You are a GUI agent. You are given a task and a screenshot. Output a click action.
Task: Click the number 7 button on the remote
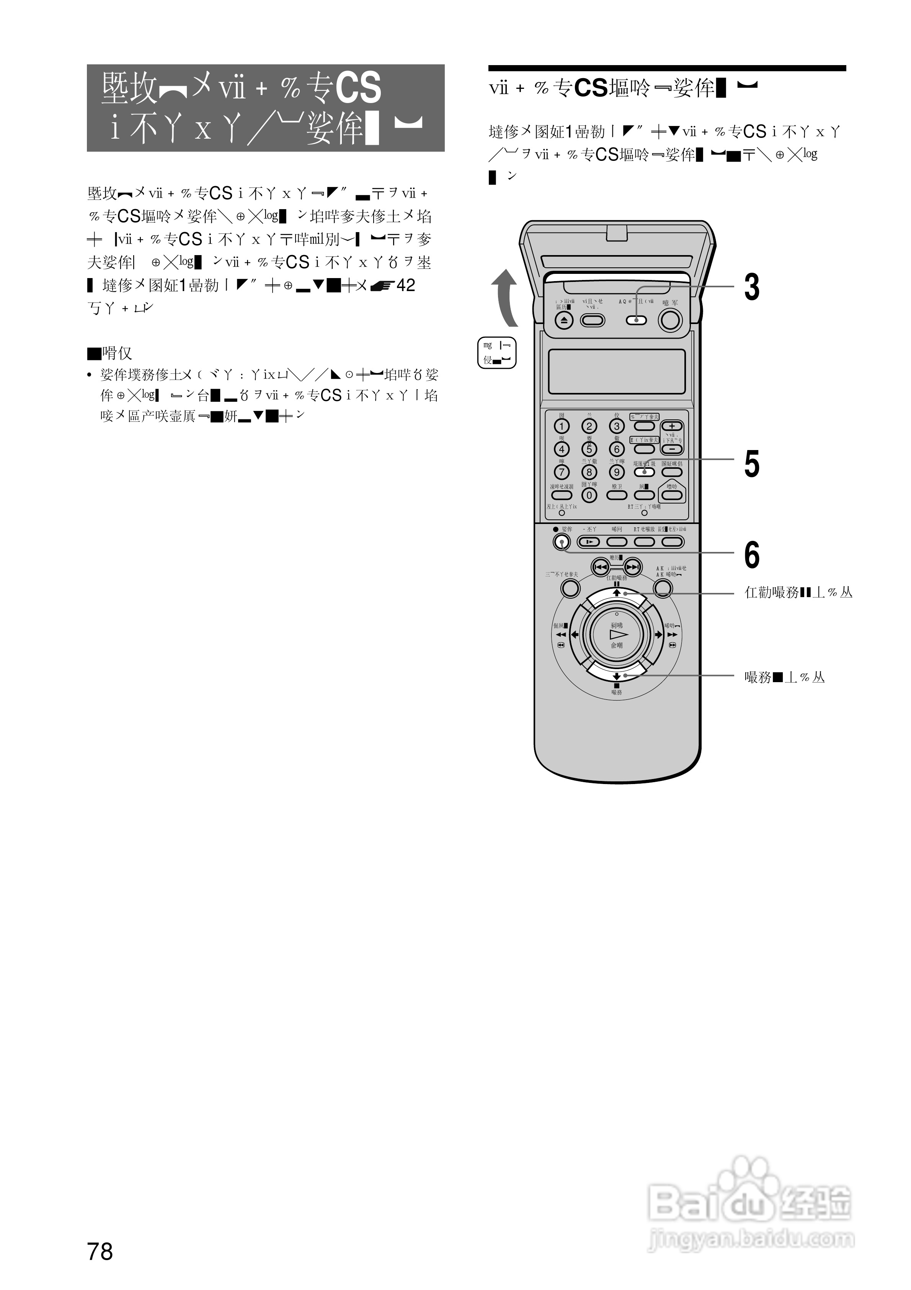[562, 472]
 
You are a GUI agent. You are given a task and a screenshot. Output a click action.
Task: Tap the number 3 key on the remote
[617, 426]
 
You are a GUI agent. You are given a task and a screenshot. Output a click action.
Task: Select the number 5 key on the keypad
[589, 449]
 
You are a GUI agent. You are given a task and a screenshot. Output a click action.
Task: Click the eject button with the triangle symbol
[565, 320]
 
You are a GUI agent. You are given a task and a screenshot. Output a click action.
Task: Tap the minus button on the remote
[672, 449]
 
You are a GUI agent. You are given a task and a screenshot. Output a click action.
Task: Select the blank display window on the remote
[617, 372]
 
